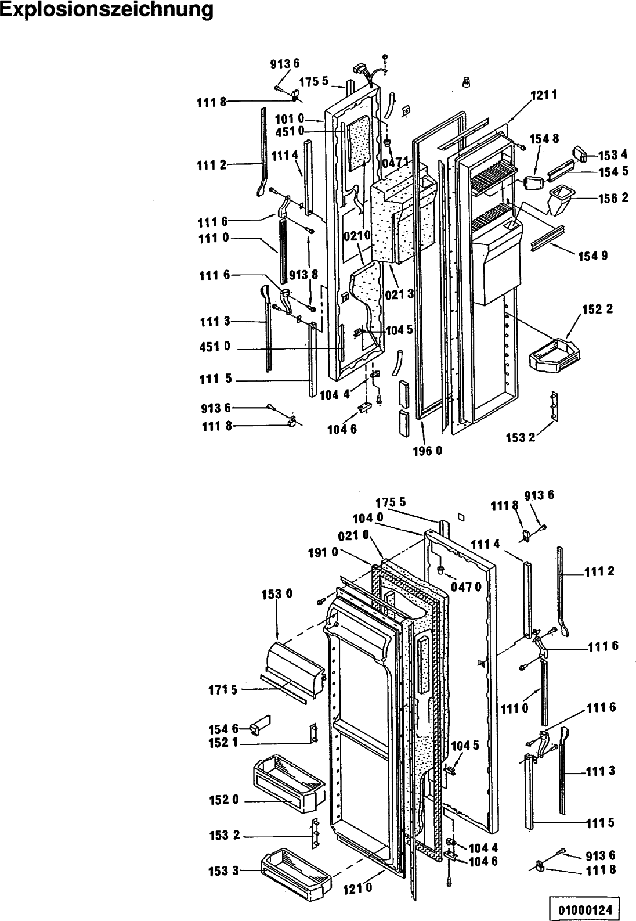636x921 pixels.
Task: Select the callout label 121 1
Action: (x=544, y=95)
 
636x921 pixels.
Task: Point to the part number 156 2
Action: (x=613, y=198)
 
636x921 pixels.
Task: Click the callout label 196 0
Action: (x=427, y=451)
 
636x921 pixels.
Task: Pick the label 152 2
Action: (x=597, y=309)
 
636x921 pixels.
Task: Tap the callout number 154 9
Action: (x=593, y=256)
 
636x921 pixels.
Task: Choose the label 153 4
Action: (x=613, y=156)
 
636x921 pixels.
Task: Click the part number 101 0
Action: (x=289, y=119)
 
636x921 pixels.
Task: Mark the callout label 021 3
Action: (x=399, y=294)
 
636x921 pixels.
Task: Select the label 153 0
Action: (x=277, y=594)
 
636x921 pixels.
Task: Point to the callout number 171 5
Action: (x=223, y=689)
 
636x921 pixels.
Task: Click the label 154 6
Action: (x=223, y=729)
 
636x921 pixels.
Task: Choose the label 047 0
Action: (x=465, y=587)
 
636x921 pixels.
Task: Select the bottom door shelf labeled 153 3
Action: (x=295, y=868)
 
